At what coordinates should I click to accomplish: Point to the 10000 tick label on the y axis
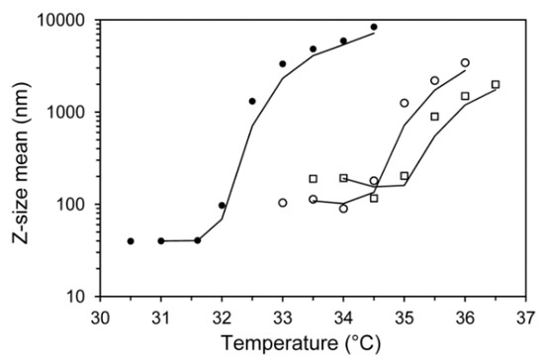61,20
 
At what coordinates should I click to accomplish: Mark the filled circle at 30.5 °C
131,241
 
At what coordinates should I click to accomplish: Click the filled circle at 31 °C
161,240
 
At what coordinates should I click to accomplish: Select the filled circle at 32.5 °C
252,101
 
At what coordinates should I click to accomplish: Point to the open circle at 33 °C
283,203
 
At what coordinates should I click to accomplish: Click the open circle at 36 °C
465,62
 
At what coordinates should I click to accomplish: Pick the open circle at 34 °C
343,209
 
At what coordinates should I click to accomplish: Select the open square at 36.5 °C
496,84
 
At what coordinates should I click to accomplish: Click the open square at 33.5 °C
313,179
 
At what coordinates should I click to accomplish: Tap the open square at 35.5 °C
434,116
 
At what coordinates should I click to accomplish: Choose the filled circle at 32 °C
222,206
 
